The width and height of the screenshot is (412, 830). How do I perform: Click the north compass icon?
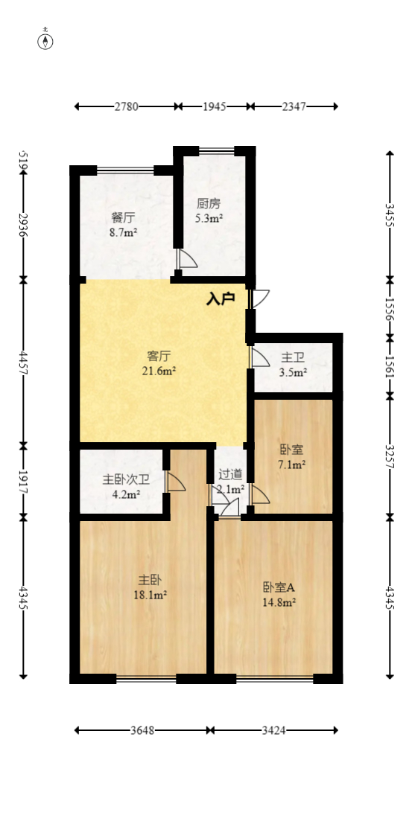tap(46, 41)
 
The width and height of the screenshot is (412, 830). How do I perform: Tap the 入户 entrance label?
tap(221, 299)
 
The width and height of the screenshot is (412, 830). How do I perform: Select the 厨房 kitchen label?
tap(209, 203)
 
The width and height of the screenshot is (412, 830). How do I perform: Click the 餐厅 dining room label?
tap(123, 217)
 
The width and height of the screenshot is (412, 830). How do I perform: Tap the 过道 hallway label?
tap(229, 474)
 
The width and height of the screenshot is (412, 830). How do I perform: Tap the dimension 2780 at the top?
tap(126, 106)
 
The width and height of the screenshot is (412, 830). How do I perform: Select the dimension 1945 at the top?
tap(215, 106)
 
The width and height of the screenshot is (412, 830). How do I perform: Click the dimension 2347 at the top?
tap(294, 106)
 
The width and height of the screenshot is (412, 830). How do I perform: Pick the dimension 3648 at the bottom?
tap(142, 730)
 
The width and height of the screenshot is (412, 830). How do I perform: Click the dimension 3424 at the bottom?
tap(274, 730)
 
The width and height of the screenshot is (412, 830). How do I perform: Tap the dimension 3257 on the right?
tap(390, 456)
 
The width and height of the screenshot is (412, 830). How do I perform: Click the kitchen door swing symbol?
tap(187, 258)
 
